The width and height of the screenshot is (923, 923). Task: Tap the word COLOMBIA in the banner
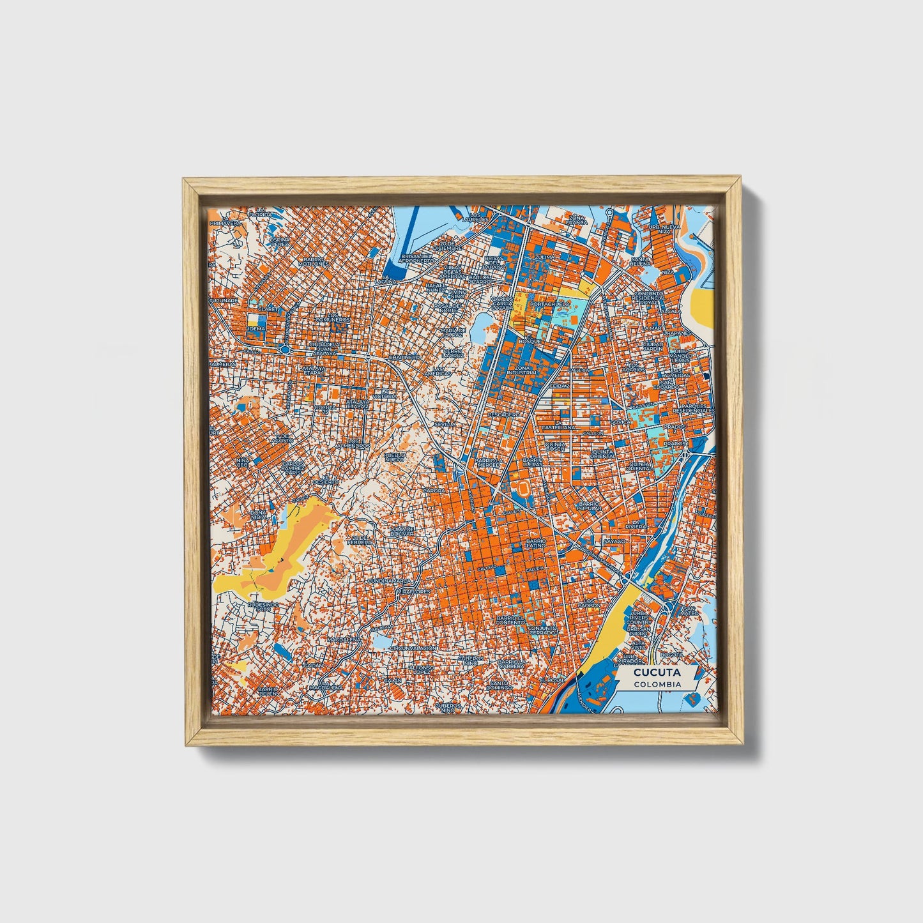(657, 683)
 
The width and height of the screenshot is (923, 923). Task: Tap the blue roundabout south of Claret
(283, 349)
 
